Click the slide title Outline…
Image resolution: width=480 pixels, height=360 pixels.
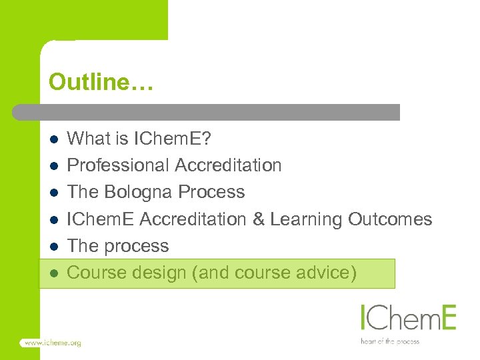point(101,83)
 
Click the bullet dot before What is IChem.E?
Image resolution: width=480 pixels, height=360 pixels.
point(55,139)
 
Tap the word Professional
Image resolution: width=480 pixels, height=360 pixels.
point(119,165)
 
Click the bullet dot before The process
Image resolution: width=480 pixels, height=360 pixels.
point(55,247)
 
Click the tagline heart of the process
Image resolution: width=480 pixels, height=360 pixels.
point(391,341)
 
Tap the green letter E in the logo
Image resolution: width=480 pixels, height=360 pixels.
point(447,318)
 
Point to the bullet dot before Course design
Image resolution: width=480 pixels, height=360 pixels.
point(55,273)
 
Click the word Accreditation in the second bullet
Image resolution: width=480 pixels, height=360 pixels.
point(229,165)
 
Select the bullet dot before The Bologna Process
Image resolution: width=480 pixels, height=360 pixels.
point(55,193)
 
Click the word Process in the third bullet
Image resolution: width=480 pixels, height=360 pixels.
point(211,193)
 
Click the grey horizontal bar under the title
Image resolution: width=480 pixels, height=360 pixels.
point(207,112)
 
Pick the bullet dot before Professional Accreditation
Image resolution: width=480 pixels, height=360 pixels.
point(55,166)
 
